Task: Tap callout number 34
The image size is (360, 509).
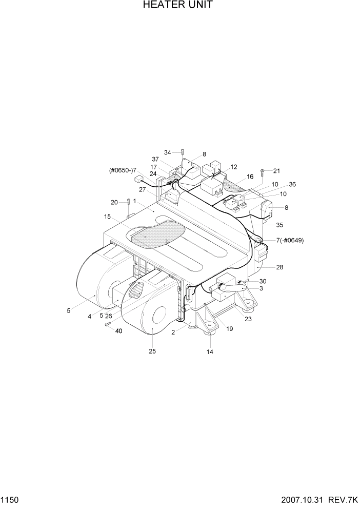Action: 167,152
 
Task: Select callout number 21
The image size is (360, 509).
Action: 277,171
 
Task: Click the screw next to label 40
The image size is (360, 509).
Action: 108,324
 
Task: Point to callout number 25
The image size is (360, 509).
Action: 152,351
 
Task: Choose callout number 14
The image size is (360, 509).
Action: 210,352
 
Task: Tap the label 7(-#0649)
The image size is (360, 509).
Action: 283,240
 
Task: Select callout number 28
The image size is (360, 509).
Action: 279,267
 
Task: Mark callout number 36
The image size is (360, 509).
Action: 292,185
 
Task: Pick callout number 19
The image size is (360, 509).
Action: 229,329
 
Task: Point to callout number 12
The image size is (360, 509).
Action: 234,167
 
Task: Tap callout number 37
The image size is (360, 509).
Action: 156,159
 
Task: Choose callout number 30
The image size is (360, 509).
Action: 263,281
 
